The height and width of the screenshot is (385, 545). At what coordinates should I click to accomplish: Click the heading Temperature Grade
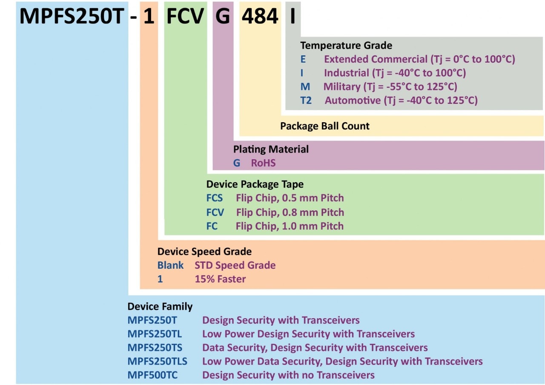(346, 46)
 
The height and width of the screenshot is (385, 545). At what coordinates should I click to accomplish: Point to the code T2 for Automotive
(306, 101)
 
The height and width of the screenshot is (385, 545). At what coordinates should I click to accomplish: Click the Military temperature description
(390, 87)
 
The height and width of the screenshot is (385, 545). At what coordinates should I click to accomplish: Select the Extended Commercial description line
(419, 59)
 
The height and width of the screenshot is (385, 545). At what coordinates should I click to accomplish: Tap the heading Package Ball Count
(325, 126)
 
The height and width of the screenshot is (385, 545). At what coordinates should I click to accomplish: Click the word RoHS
(263, 163)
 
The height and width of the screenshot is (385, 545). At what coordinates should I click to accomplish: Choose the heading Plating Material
(271, 149)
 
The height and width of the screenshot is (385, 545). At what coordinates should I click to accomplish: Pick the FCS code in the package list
(214, 198)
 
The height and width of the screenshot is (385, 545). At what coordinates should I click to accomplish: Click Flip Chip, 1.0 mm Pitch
(290, 226)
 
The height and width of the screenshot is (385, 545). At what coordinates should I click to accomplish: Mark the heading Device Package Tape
(255, 184)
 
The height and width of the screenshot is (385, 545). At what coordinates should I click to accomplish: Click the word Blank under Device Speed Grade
(170, 265)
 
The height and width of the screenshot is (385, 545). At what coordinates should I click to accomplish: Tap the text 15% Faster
(220, 279)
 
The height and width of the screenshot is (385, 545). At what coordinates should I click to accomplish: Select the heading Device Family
(160, 307)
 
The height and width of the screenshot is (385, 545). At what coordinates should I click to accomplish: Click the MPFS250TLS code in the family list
(158, 362)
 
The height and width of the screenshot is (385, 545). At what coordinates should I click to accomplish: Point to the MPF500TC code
(154, 375)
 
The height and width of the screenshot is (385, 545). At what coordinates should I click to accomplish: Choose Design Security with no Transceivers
(288, 375)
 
